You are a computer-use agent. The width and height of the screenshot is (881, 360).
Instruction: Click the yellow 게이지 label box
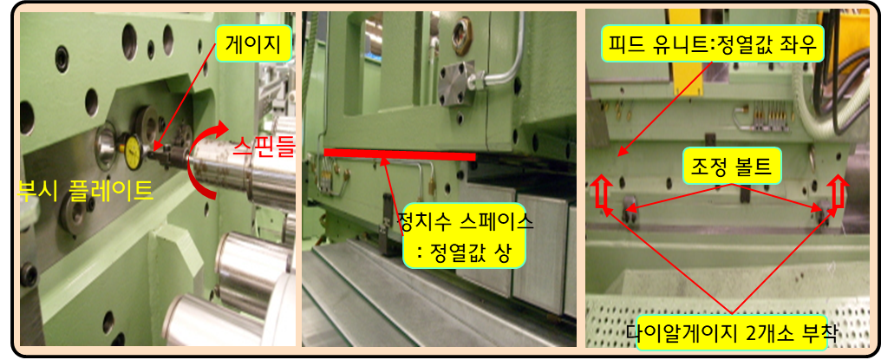tap(253, 43)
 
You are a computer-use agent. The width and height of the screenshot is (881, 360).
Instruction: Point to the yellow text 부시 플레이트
tap(85, 190)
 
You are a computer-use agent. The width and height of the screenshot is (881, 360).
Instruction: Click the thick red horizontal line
tap(400, 153)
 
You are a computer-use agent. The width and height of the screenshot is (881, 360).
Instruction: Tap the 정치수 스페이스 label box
tap(464, 236)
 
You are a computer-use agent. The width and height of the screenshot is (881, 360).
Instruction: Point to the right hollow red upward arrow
tap(838, 193)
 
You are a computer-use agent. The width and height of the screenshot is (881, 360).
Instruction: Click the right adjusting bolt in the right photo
tap(825, 212)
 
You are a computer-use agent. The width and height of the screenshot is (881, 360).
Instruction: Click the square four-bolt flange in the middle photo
tap(457, 86)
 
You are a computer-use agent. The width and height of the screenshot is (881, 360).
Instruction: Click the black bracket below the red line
tap(388, 223)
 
